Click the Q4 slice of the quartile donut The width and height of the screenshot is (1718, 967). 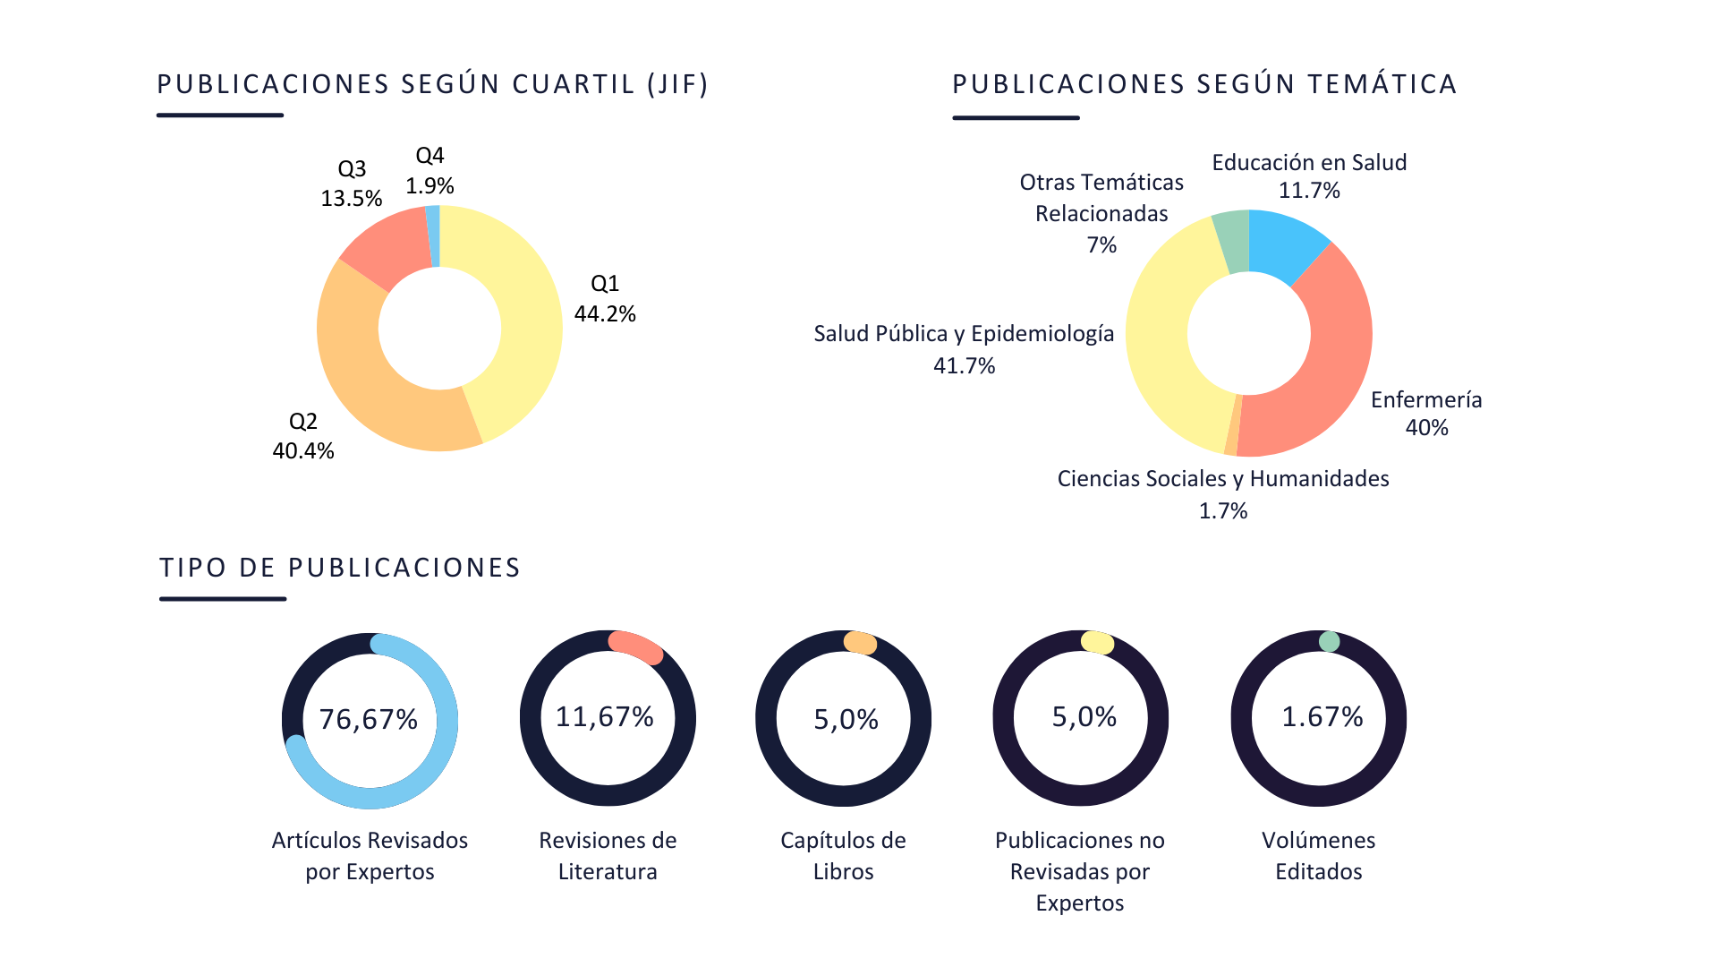point(434,235)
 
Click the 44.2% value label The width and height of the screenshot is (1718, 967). point(605,314)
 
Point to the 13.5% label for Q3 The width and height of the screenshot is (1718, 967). point(352,198)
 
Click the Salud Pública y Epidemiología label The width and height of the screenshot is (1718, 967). point(964,334)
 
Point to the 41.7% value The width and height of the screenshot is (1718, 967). point(964,365)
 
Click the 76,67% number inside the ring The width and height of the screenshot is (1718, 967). point(369,719)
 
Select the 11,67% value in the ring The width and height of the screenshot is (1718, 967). point(605,716)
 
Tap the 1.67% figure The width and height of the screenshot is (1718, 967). point(1322,716)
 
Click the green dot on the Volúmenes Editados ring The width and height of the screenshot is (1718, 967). point(1329,641)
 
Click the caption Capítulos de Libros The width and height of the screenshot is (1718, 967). point(843,855)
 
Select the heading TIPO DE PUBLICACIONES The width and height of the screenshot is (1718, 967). point(340,568)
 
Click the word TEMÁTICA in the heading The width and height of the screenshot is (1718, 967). point(1382,84)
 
